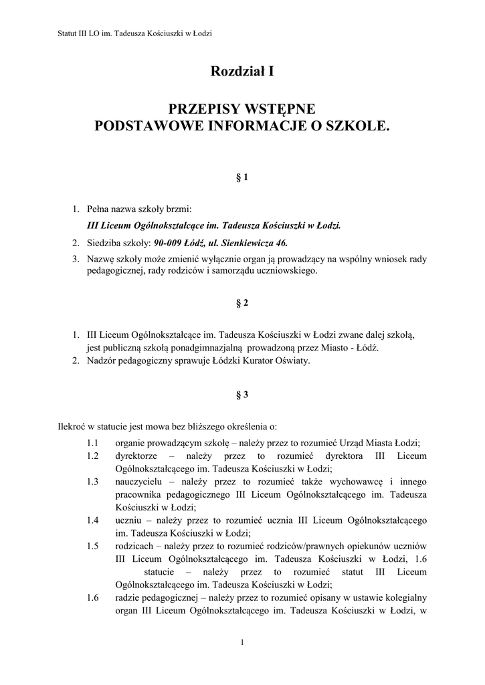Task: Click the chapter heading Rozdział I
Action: tap(242, 71)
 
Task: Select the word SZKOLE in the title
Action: tap(355, 124)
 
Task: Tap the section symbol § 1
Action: tap(242, 177)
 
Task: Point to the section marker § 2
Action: tap(242, 302)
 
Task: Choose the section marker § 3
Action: tap(242, 395)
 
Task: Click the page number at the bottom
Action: tap(242, 643)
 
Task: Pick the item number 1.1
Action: tap(93, 443)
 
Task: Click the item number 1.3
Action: tap(93, 481)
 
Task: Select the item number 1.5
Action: tap(93, 545)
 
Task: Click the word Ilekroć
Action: tap(72, 425)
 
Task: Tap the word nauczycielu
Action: tap(138, 481)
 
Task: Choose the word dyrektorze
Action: tap(136, 456)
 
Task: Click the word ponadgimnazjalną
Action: tap(205, 348)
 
